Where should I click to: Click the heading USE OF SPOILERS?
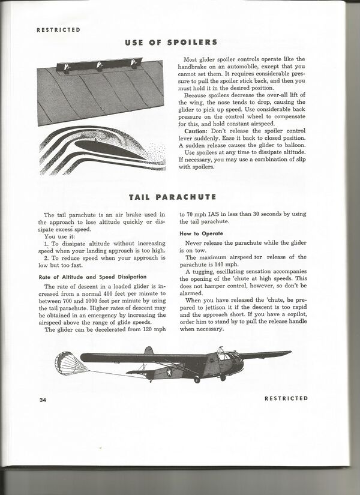[171, 43]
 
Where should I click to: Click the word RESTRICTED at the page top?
[58, 29]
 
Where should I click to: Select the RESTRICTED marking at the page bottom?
[286, 398]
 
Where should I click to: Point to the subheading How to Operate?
[202, 233]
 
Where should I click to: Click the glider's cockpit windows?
[226, 356]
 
